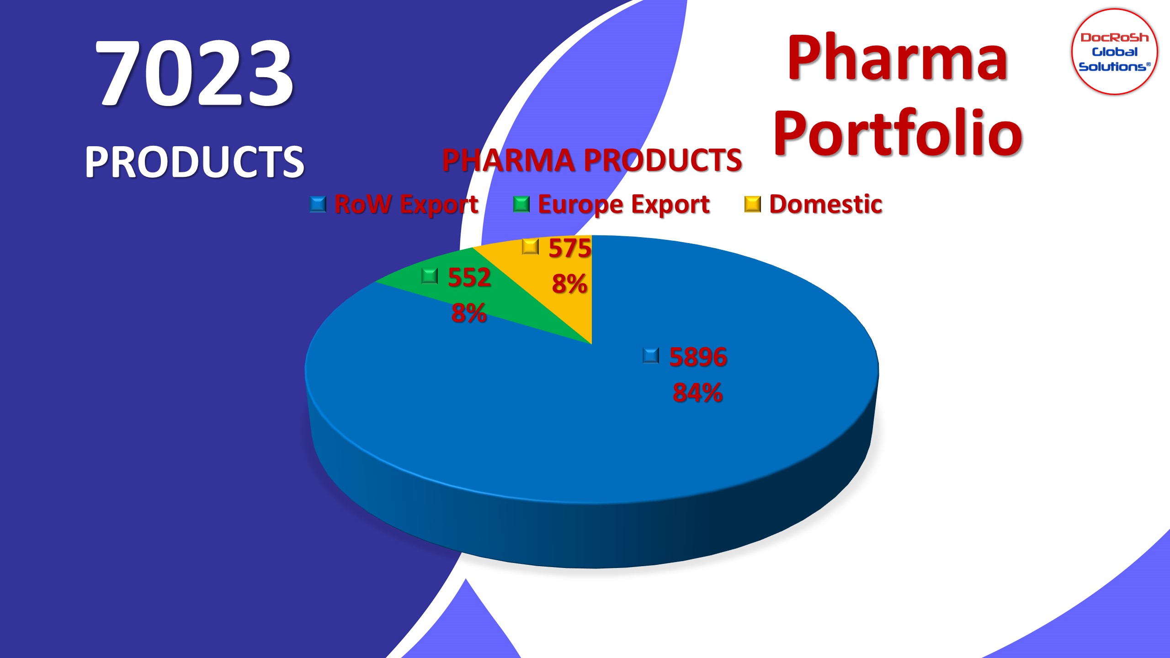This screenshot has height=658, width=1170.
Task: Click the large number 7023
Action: pos(194,73)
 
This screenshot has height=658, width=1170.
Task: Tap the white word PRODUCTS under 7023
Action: pos(194,162)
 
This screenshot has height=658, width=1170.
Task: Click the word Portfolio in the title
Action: pos(898,133)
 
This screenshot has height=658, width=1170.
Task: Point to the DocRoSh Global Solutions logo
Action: pos(1114,52)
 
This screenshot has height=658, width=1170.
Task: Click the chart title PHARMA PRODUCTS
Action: pos(592,160)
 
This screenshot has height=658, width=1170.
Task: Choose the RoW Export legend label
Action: pos(406,204)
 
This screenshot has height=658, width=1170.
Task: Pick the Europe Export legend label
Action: pos(624,204)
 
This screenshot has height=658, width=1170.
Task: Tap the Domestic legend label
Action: pos(826,204)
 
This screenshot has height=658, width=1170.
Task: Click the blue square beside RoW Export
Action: pos(318,204)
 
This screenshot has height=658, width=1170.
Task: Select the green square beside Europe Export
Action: pos(521,204)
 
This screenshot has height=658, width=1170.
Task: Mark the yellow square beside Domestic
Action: pos(753,204)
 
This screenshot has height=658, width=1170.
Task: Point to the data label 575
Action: pos(570,248)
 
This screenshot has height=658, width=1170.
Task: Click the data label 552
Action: pos(469,277)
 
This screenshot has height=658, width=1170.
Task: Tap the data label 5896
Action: pos(698,357)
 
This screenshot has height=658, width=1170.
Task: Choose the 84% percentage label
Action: pos(698,393)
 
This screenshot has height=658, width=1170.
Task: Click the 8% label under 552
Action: pos(469,313)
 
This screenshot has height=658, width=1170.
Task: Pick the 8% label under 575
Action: pos(569,284)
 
